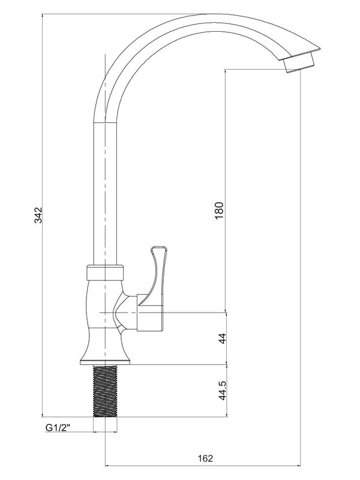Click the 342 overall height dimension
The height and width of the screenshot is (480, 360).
point(37,216)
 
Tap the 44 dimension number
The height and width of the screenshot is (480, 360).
point(221,338)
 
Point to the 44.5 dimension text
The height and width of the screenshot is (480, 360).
point(221,390)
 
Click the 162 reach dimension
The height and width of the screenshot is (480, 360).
point(205,458)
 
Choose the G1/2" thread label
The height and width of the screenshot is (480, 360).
point(58,428)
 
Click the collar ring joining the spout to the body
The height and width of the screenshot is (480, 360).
point(105,274)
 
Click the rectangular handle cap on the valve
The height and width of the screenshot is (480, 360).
point(151,313)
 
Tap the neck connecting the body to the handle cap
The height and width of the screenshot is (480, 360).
point(128,313)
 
